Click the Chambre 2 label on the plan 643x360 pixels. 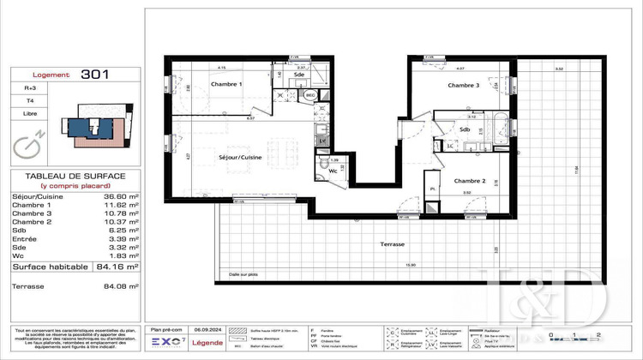click(x=471, y=181)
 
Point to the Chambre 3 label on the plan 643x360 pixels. click(x=464, y=86)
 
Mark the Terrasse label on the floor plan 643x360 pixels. click(x=393, y=244)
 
